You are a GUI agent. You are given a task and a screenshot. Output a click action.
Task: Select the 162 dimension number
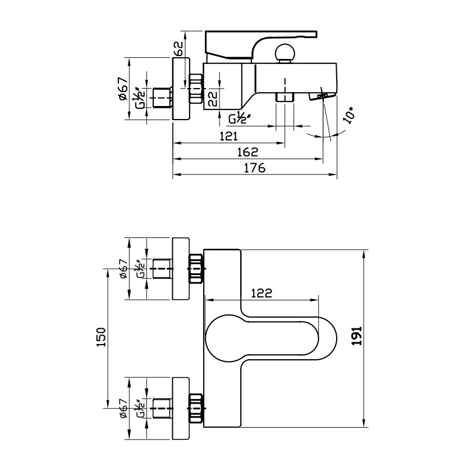point(247,152)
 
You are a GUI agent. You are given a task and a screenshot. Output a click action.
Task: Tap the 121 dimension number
point(228,136)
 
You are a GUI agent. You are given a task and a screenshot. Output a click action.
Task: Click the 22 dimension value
point(213,99)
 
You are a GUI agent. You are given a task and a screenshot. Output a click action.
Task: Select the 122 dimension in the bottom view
point(261,292)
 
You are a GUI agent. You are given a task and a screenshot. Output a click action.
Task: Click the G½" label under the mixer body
point(239,118)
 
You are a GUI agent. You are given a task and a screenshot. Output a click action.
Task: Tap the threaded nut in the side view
point(195,88)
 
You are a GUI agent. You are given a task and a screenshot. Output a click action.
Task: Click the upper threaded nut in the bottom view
point(195,269)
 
